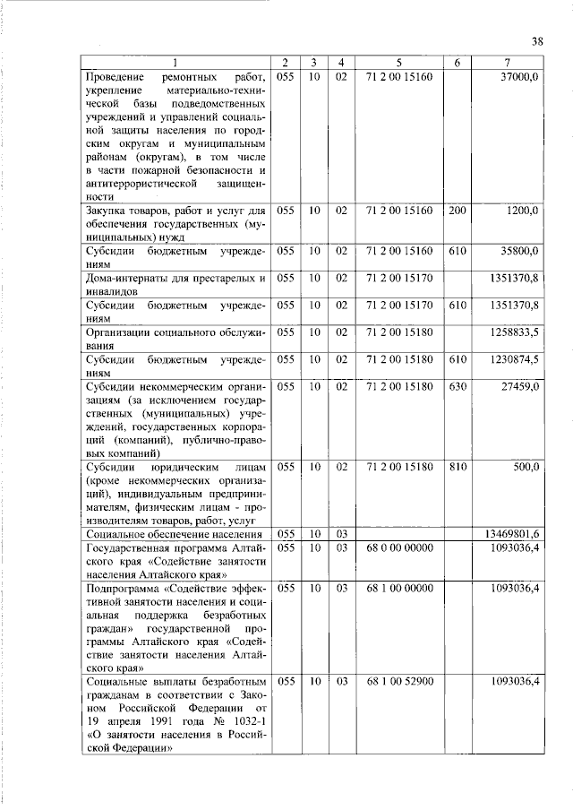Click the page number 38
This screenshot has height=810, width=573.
[537, 40]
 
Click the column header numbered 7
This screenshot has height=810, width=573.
[507, 63]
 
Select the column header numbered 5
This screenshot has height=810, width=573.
[399, 63]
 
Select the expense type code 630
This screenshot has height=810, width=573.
[458, 387]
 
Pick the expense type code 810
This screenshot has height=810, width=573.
[458, 468]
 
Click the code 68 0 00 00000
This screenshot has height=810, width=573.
[399, 547]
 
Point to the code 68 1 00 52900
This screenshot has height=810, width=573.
[399, 682]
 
